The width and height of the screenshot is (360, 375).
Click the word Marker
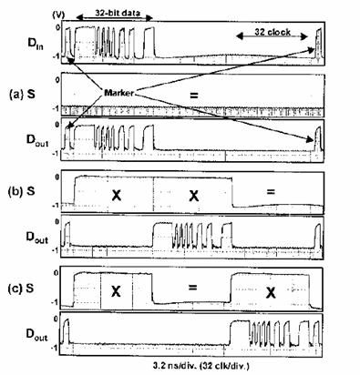coord(118,93)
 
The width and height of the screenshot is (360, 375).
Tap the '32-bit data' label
coord(118,13)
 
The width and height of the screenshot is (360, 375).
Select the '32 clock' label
coord(273,32)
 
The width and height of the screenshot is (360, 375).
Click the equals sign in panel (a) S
coord(194,96)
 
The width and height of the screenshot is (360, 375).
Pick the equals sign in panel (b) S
coord(271,192)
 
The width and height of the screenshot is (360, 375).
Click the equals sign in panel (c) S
coord(193,288)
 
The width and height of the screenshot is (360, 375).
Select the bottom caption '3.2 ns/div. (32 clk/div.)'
coord(202,366)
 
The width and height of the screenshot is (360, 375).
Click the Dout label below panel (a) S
coord(37,140)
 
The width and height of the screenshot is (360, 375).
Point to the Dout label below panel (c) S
coord(36,334)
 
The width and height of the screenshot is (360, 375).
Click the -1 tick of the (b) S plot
coord(55,206)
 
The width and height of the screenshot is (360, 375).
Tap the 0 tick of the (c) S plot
coord(56,272)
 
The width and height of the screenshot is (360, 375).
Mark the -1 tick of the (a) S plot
coord(56,108)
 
